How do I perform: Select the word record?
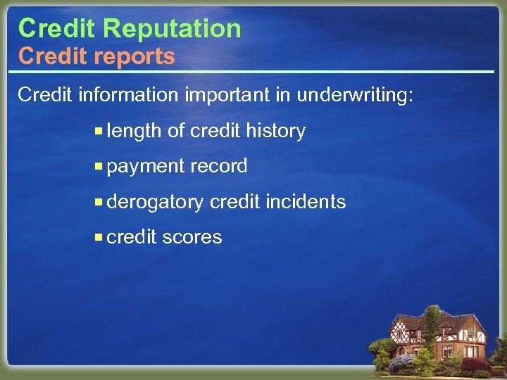[x=218, y=167]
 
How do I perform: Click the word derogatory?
[x=155, y=202]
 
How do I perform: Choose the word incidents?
[x=306, y=202]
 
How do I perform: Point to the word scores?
[x=192, y=237]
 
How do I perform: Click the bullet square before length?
[x=100, y=131]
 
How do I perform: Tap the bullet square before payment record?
[x=100, y=166]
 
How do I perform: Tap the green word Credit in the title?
[x=56, y=28]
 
